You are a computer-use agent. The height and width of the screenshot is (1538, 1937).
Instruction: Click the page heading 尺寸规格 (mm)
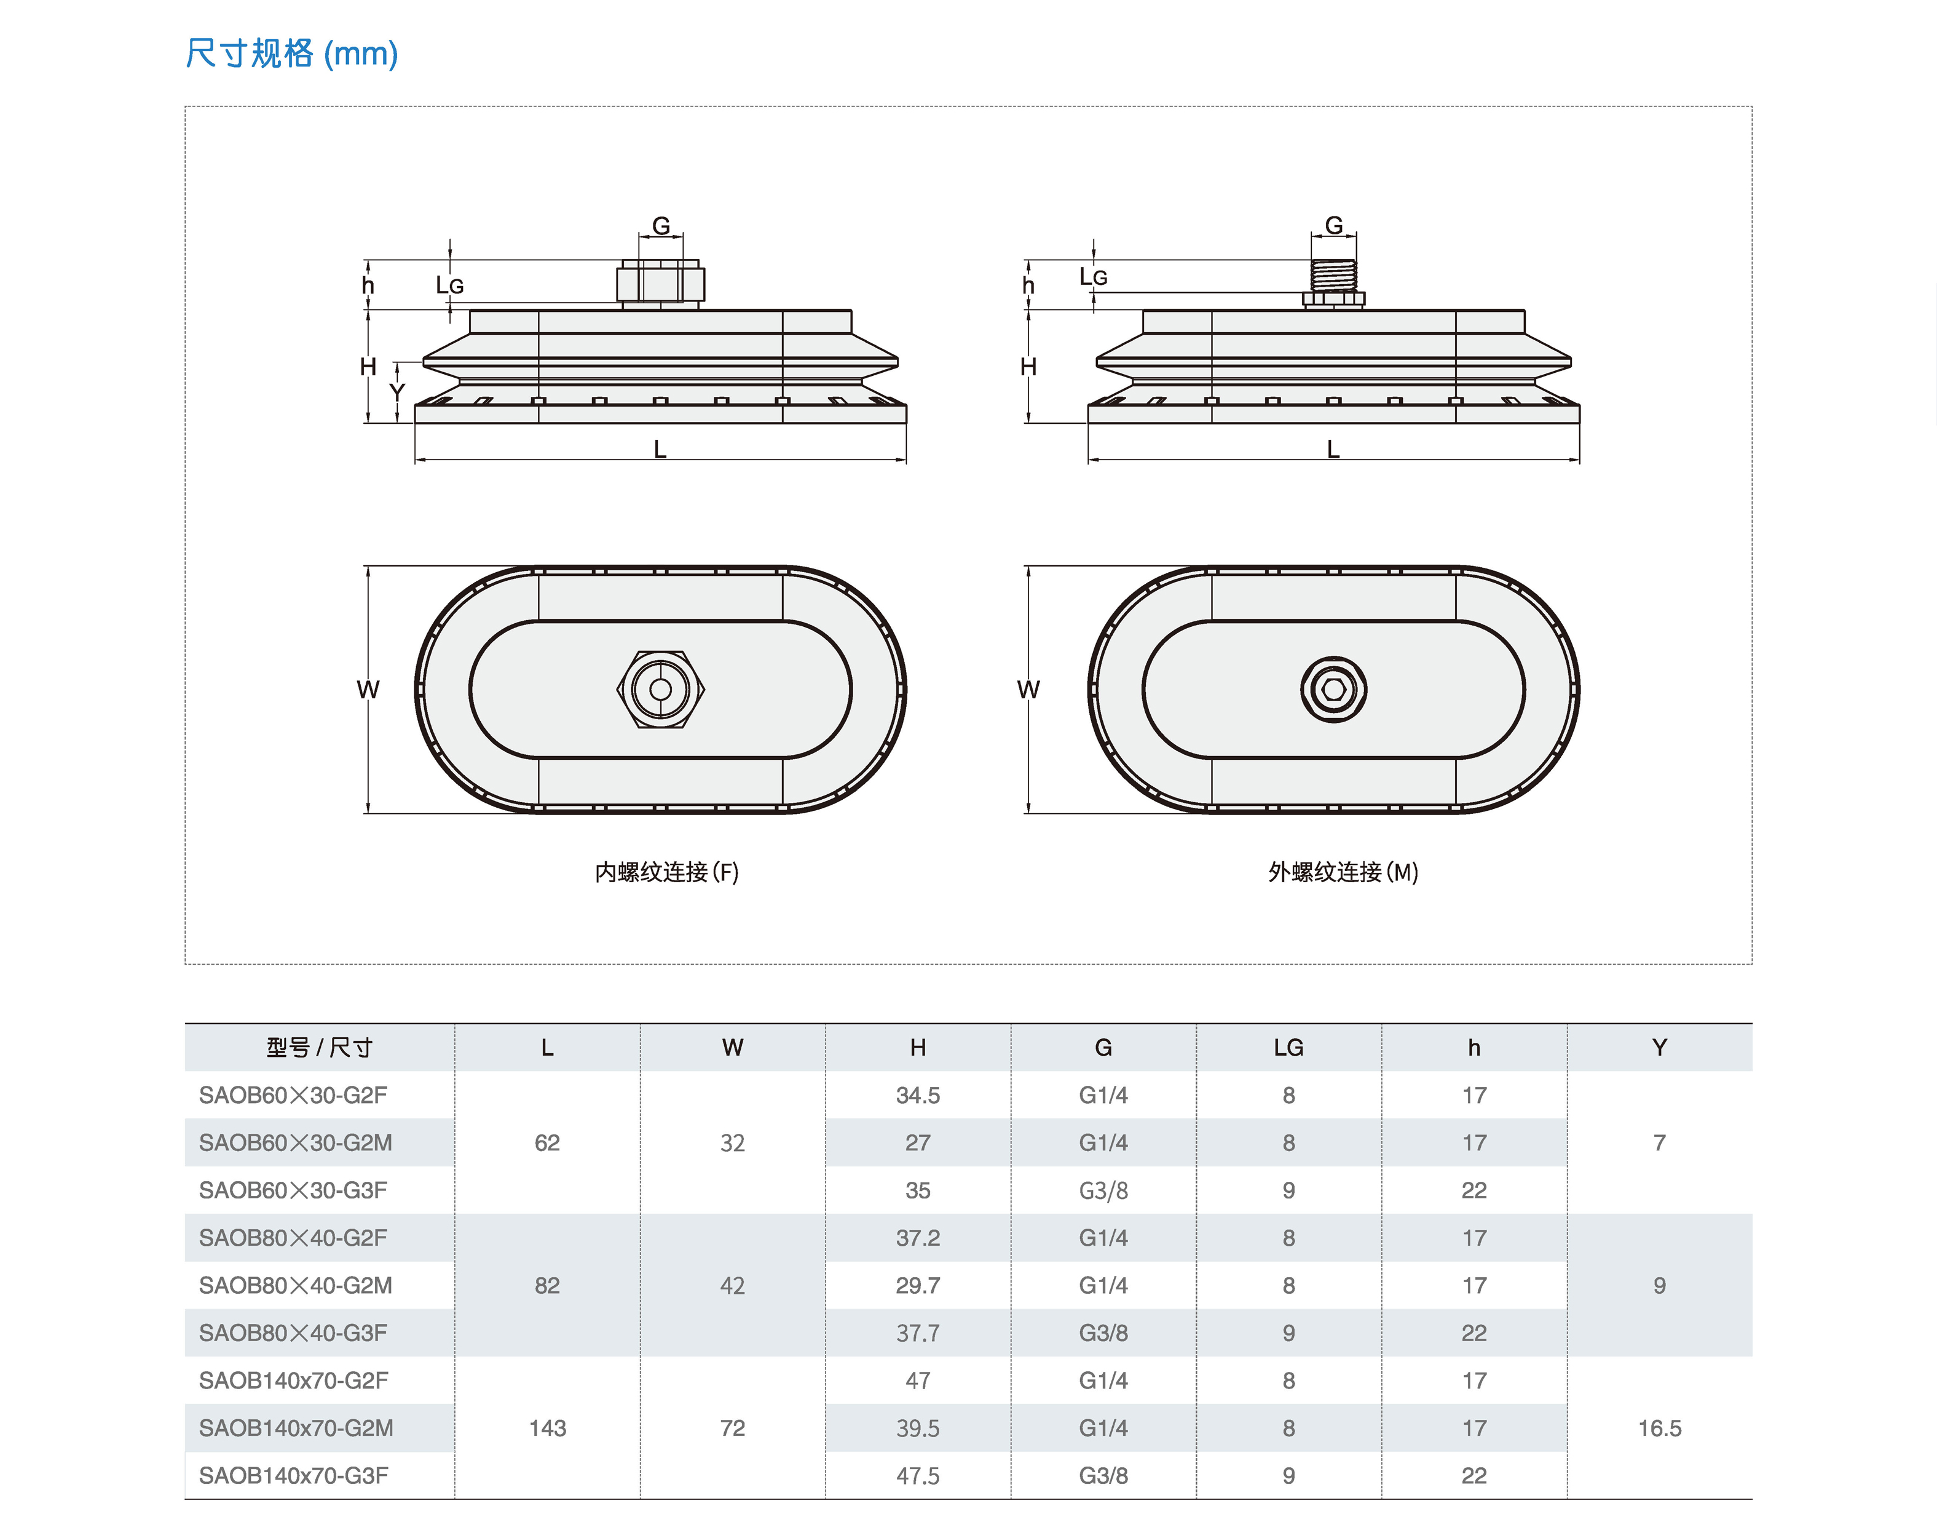(x=291, y=54)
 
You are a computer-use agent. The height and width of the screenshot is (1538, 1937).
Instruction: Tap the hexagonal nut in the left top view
(x=660, y=690)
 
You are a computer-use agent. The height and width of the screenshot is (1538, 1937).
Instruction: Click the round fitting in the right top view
(x=1333, y=690)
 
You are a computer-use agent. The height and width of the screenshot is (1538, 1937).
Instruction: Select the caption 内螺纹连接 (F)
(x=666, y=872)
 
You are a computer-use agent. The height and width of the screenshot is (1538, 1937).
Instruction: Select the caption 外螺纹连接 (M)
(x=1343, y=872)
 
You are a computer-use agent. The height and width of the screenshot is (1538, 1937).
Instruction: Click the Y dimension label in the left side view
(x=397, y=393)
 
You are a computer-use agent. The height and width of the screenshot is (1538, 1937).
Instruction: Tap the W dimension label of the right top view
(x=1028, y=690)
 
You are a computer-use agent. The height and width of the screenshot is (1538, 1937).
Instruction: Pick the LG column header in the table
(x=1288, y=1047)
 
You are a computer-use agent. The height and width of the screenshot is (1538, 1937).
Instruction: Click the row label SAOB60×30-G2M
(x=296, y=1142)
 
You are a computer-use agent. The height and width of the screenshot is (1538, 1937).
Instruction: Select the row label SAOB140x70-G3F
(x=294, y=1475)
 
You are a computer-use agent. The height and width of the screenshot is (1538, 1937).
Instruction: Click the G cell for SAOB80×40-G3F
(x=1103, y=1333)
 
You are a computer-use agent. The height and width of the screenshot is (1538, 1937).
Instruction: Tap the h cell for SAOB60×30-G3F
(x=1473, y=1190)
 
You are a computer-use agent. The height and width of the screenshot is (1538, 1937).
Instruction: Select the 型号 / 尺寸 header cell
(x=319, y=1047)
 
